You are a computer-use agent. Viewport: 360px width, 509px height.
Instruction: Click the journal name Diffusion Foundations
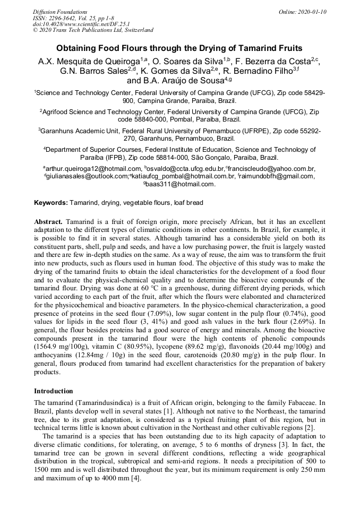coord(60,11)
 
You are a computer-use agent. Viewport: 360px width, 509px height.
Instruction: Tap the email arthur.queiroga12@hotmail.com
coord(89,168)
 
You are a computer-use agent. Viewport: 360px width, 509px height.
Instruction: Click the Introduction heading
coord(54,391)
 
